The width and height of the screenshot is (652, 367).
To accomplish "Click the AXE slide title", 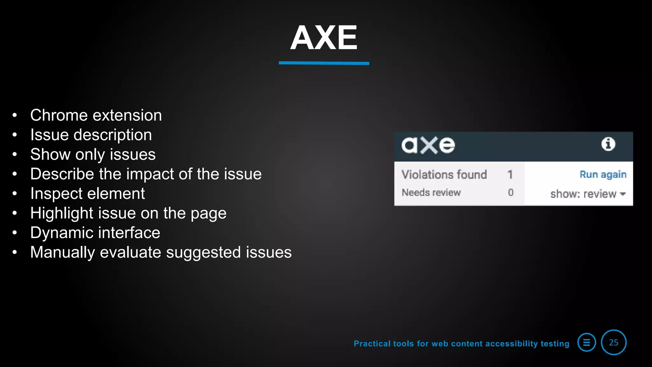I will (324, 38).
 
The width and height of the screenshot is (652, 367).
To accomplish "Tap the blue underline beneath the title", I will (324, 63).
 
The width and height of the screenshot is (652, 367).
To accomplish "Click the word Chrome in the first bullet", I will (59, 115).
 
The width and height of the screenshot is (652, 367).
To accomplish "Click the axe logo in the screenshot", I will (428, 145).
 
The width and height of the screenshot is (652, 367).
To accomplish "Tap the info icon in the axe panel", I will (608, 144).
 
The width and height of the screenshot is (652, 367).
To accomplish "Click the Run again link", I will (603, 175).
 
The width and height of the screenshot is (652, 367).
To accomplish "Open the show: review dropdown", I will (588, 194).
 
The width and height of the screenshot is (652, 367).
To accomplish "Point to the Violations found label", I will (444, 175).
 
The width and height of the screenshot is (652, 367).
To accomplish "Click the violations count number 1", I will (510, 175).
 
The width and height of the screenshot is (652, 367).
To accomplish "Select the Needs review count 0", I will (511, 192).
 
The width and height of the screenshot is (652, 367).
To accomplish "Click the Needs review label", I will (431, 192).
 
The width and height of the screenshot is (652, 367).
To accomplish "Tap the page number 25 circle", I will (613, 342).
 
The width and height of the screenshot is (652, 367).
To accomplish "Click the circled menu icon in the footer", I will (586, 342).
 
